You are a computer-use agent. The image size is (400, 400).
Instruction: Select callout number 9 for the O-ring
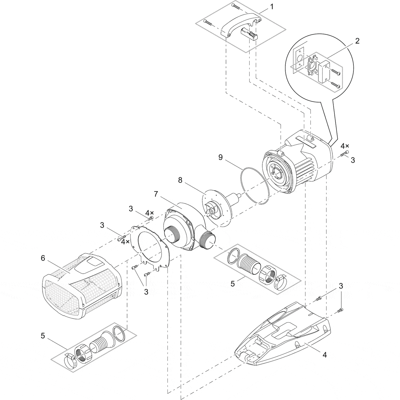point(220,157)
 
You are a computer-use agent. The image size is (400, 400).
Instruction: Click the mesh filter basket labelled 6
point(80,283)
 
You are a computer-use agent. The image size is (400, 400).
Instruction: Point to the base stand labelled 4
point(283,333)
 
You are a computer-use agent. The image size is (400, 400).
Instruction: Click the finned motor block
point(300,160)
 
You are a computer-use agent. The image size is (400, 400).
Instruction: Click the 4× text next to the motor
point(345,146)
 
